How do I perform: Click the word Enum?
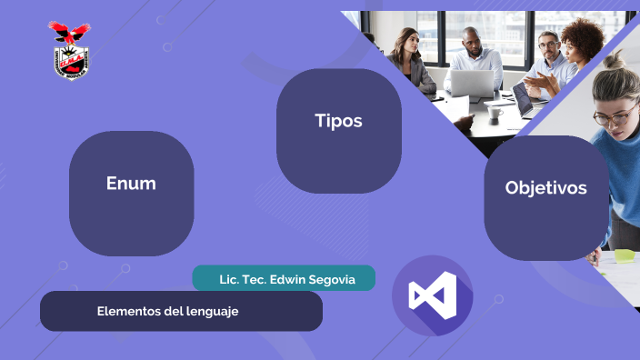point(131,184)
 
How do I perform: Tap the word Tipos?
point(338,121)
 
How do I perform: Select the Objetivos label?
point(545,188)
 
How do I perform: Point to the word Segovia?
point(335,278)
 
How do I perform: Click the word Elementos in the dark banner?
point(128,311)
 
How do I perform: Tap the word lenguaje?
point(210,311)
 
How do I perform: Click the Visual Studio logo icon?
point(433,295)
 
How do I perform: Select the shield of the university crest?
point(70,63)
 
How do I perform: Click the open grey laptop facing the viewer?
point(471,84)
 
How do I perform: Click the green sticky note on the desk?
point(625,255)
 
